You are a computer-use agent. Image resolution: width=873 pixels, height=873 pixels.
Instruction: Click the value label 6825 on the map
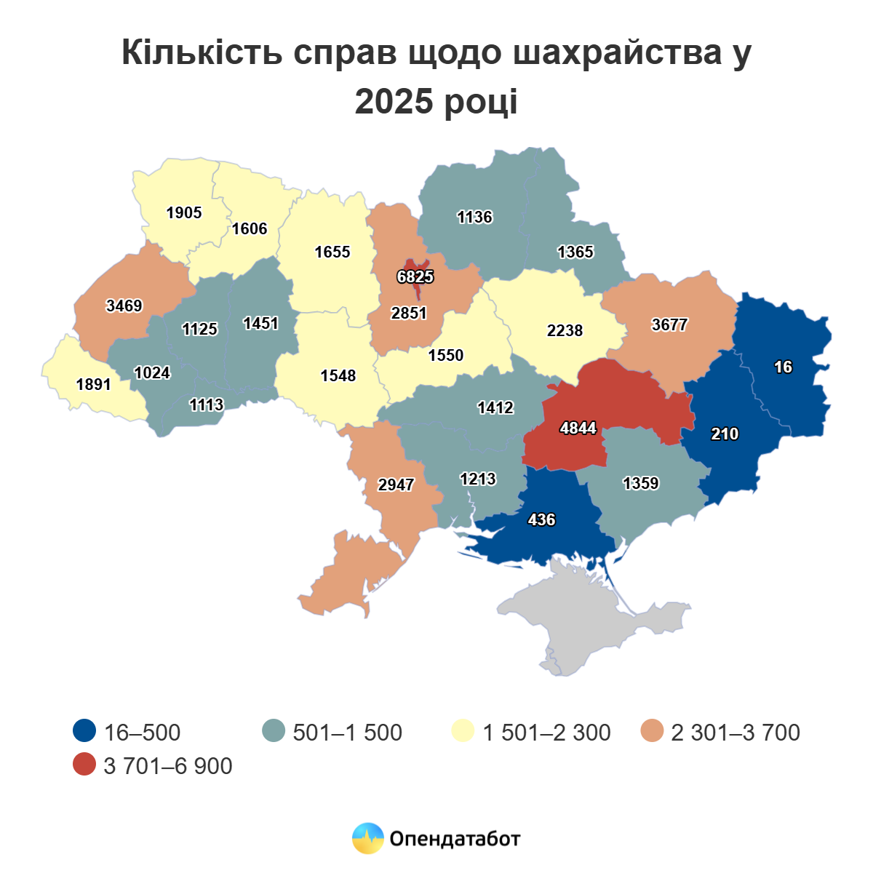(415, 276)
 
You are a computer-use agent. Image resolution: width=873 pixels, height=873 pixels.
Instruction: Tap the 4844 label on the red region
(578, 428)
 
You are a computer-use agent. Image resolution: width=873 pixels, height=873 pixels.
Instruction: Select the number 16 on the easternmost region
(783, 367)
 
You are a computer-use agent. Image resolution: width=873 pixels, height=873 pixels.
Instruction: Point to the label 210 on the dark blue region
(725, 434)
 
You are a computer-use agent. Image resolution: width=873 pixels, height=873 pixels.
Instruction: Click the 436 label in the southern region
(541, 519)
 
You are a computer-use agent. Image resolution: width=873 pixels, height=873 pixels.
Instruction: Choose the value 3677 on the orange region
(669, 324)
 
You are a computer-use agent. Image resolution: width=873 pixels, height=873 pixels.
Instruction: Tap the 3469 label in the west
(124, 306)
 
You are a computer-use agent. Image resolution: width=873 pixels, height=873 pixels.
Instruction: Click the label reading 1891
(94, 384)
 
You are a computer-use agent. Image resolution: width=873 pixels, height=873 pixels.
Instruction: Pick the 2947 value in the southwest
(396, 485)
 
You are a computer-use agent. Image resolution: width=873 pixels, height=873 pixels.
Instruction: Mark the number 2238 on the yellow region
(565, 330)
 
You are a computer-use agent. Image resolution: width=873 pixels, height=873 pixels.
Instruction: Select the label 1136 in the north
(474, 217)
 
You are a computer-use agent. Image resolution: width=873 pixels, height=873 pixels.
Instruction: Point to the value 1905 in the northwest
(184, 212)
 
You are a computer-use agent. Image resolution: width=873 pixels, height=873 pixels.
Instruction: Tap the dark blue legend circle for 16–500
(85, 731)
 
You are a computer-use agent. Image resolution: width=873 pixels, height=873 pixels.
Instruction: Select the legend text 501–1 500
(347, 732)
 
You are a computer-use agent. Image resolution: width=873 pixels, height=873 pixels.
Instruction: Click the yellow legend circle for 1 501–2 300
(463, 731)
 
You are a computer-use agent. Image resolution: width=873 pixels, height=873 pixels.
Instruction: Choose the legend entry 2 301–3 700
(735, 732)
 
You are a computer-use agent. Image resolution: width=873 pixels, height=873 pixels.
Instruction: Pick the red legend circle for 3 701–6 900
(85, 765)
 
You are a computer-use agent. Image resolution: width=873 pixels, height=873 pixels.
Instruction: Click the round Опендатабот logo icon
(367, 838)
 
